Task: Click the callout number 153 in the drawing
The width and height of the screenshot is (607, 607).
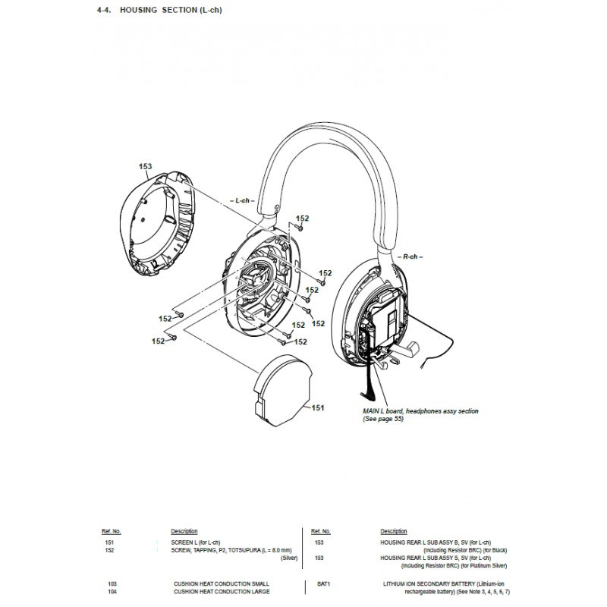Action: pos(146,166)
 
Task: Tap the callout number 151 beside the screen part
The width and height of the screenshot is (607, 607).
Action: pos(318,407)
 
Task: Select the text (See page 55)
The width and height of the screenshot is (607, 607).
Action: pos(383,419)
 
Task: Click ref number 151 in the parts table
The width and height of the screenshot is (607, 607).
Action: pos(110,543)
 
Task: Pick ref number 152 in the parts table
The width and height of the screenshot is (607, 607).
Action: pos(110,551)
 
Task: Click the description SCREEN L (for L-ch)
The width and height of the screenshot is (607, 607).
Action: pos(194,543)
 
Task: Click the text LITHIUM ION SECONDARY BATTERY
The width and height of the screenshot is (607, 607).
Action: pos(421,583)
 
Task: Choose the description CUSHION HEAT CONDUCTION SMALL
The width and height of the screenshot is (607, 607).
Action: pos(222,583)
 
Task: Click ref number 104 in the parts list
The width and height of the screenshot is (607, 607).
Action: pos(112,591)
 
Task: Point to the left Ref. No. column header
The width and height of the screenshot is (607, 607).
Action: pos(112,531)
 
